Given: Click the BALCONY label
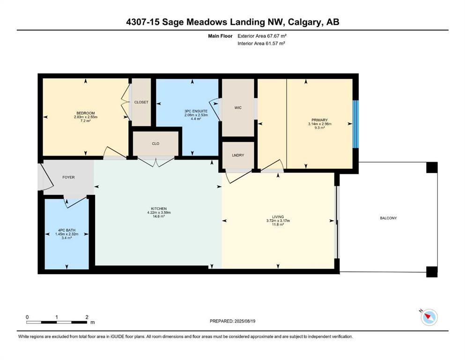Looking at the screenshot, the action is pyautogui.click(x=388, y=218).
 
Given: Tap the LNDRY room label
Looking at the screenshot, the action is pyautogui.click(x=238, y=155).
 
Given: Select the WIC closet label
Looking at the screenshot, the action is pyautogui.click(x=238, y=108).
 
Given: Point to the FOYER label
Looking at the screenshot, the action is pyautogui.click(x=68, y=177).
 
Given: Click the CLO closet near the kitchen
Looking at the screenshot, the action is pyautogui.click(x=155, y=143).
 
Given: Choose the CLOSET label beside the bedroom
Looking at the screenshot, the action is pyautogui.click(x=141, y=102).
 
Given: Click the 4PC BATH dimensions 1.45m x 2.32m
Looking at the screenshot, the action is pyautogui.click(x=66, y=234).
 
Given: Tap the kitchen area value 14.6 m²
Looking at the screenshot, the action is pyautogui.click(x=159, y=217).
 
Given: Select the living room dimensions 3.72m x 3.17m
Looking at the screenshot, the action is pyautogui.click(x=278, y=220).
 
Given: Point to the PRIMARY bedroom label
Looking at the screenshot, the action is pyautogui.click(x=319, y=120).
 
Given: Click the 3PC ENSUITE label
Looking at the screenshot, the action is pyautogui.click(x=196, y=111).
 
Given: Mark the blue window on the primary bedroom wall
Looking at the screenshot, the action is pyautogui.click(x=355, y=124).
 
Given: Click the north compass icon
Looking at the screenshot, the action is pyautogui.click(x=429, y=317).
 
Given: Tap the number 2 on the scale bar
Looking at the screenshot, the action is pyautogui.click(x=87, y=317).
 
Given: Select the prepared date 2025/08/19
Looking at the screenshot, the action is pyautogui.click(x=244, y=321).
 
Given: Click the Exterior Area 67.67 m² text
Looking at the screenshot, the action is pyautogui.click(x=262, y=36).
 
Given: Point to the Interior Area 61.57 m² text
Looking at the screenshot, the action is pyautogui.click(x=261, y=43).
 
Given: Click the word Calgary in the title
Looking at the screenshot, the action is pyautogui.click(x=305, y=22).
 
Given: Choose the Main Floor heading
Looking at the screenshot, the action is pyautogui.click(x=220, y=36).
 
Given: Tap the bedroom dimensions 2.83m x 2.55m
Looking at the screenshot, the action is pyautogui.click(x=86, y=117).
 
